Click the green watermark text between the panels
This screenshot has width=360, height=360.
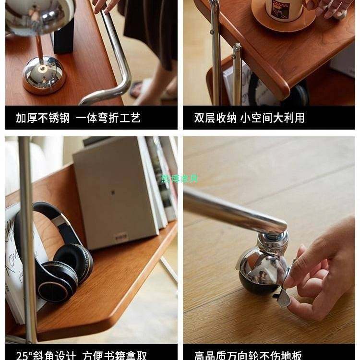click(x=180, y=179)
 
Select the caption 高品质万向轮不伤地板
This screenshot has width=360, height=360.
click(x=248, y=356)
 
